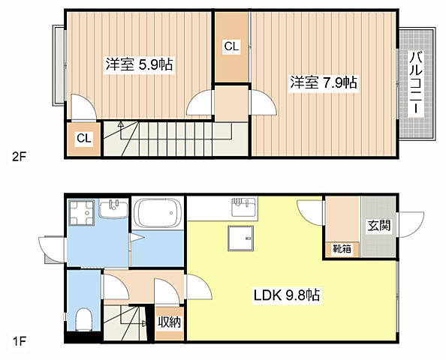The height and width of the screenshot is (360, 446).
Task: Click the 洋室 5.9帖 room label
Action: pos(139,65)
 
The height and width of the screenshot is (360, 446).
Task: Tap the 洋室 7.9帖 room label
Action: pos(323,83)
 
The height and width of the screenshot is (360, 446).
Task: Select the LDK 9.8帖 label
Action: pos(285,295)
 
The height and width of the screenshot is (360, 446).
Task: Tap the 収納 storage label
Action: pos(169,322)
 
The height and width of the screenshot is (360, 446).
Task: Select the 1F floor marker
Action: pos(19,342)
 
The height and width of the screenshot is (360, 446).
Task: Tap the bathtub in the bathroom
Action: pos(158,214)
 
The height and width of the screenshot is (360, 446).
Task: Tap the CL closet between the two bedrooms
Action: pos(231,47)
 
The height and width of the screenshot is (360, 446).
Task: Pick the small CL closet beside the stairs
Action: pos(84,139)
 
